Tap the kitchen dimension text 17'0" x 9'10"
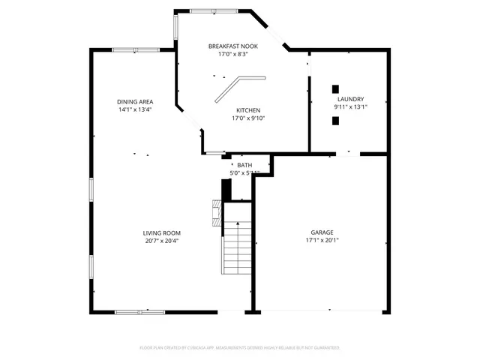coord(248,118)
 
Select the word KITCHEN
coord(248,109)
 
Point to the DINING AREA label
coord(135,102)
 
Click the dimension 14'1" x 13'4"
coord(135,110)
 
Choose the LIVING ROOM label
coord(162,232)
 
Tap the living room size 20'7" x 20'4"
coord(162,241)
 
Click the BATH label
coord(244,165)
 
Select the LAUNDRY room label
coord(350,99)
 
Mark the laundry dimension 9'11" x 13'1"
coord(350,107)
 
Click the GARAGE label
coord(322,232)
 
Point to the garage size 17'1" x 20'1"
coord(322,241)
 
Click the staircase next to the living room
coord(237,247)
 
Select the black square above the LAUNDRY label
coord(336,88)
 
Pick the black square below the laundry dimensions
coord(336,121)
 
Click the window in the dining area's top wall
coord(136,49)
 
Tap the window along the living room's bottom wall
coord(141,311)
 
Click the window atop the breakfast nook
coord(214,10)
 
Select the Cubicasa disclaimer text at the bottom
coord(240,348)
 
